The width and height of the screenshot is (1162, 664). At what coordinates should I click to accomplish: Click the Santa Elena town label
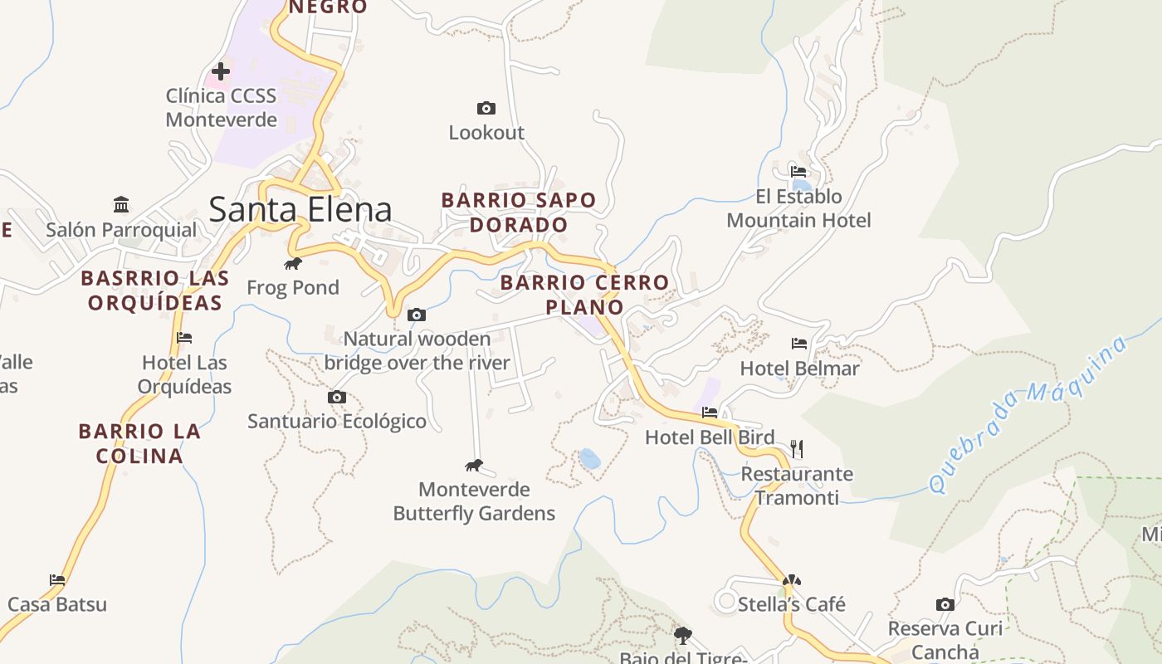point(300,209)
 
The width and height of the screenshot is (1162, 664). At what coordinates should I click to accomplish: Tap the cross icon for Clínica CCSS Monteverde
point(221,71)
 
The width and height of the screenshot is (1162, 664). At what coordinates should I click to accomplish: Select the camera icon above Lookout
point(486,108)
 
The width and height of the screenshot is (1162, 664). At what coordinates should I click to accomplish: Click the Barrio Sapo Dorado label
point(519,212)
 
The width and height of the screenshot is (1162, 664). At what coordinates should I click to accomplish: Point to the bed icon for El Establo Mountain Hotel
point(798,172)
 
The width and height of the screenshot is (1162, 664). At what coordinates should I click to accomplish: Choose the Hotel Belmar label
point(799,368)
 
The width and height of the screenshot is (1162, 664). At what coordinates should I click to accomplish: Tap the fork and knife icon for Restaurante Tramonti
point(797,449)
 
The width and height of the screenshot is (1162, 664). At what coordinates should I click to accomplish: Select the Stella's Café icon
point(792,580)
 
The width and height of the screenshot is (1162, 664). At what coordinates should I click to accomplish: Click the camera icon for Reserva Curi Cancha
point(945,604)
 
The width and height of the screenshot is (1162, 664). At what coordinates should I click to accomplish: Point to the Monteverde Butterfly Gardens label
point(474,501)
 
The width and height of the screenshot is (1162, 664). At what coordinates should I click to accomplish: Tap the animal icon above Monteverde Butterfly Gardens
point(474,465)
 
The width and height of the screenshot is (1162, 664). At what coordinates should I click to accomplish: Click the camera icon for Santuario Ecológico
point(337,398)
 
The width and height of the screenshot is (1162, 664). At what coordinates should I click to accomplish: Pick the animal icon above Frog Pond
point(293,264)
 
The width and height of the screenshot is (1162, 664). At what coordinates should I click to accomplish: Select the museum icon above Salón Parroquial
point(122,204)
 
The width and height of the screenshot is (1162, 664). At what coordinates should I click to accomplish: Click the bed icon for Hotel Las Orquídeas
point(184,338)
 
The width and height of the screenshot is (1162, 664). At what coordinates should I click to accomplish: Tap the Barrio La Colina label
point(139,443)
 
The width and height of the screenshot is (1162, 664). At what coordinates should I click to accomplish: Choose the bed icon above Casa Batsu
point(57,579)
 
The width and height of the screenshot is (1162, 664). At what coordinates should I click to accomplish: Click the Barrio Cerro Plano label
point(585,295)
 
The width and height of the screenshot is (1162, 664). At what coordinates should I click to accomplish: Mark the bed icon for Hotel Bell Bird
point(710,412)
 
